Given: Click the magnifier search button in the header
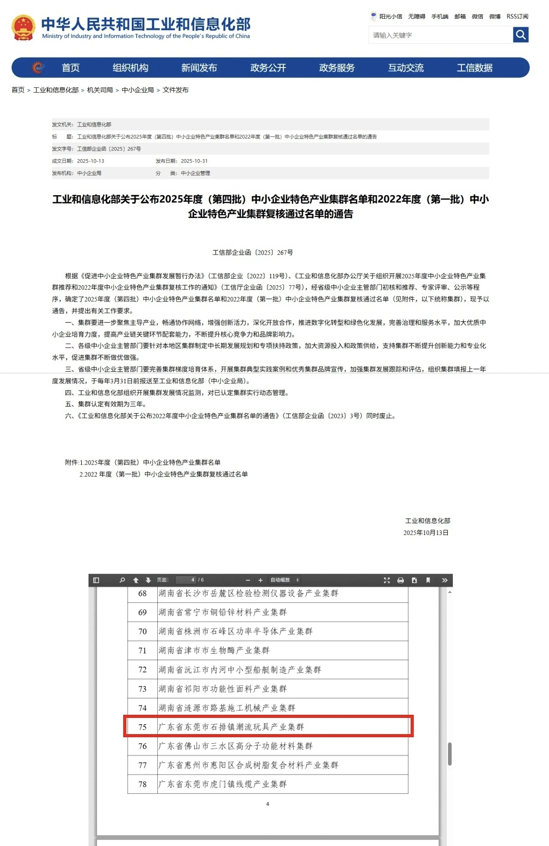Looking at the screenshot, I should (521, 35).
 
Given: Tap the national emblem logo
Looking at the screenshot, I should (23, 28).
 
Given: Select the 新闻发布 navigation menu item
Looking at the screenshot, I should (199, 68).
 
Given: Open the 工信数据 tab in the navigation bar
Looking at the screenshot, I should (474, 68).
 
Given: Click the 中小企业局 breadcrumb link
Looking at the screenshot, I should (137, 90).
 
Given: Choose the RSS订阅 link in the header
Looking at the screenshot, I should (517, 16).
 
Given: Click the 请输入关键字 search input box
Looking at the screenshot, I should (440, 35).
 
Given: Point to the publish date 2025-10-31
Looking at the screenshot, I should (194, 161).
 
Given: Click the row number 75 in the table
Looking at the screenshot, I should (143, 727).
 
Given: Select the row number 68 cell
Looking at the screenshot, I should (143, 594).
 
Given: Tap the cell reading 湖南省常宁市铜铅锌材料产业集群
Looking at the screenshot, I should (223, 612).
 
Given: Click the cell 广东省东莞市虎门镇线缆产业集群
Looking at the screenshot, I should (223, 784).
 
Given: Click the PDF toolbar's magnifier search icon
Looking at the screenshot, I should (122, 580).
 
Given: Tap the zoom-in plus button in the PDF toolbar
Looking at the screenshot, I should (260, 580).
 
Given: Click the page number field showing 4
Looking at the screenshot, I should (186, 580).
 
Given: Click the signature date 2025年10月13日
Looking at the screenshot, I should (426, 532).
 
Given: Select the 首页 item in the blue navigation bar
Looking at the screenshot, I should (70, 68).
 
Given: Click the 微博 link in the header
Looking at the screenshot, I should (495, 16).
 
